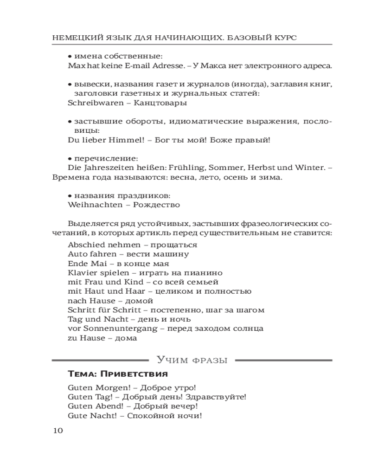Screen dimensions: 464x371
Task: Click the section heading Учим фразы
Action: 192,360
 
